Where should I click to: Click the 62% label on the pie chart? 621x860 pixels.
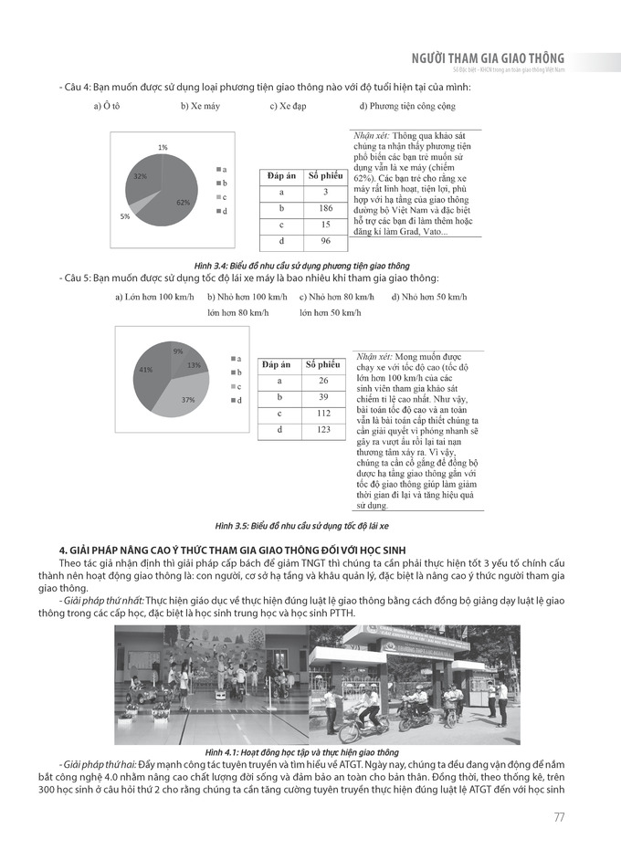(183, 202)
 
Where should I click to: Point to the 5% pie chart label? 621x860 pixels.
(124, 216)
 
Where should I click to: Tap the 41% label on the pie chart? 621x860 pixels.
(145, 370)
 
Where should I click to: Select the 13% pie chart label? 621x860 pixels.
(194, 365)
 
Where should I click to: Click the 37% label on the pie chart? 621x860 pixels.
(188, 400)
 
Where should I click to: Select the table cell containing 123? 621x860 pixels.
(323, 429)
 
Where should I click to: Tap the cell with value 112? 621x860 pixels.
(323, 413)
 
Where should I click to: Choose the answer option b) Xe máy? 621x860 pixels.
(200, 107)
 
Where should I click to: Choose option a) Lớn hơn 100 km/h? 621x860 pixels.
(154, 297)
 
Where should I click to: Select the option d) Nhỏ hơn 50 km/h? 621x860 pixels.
(428, 297)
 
